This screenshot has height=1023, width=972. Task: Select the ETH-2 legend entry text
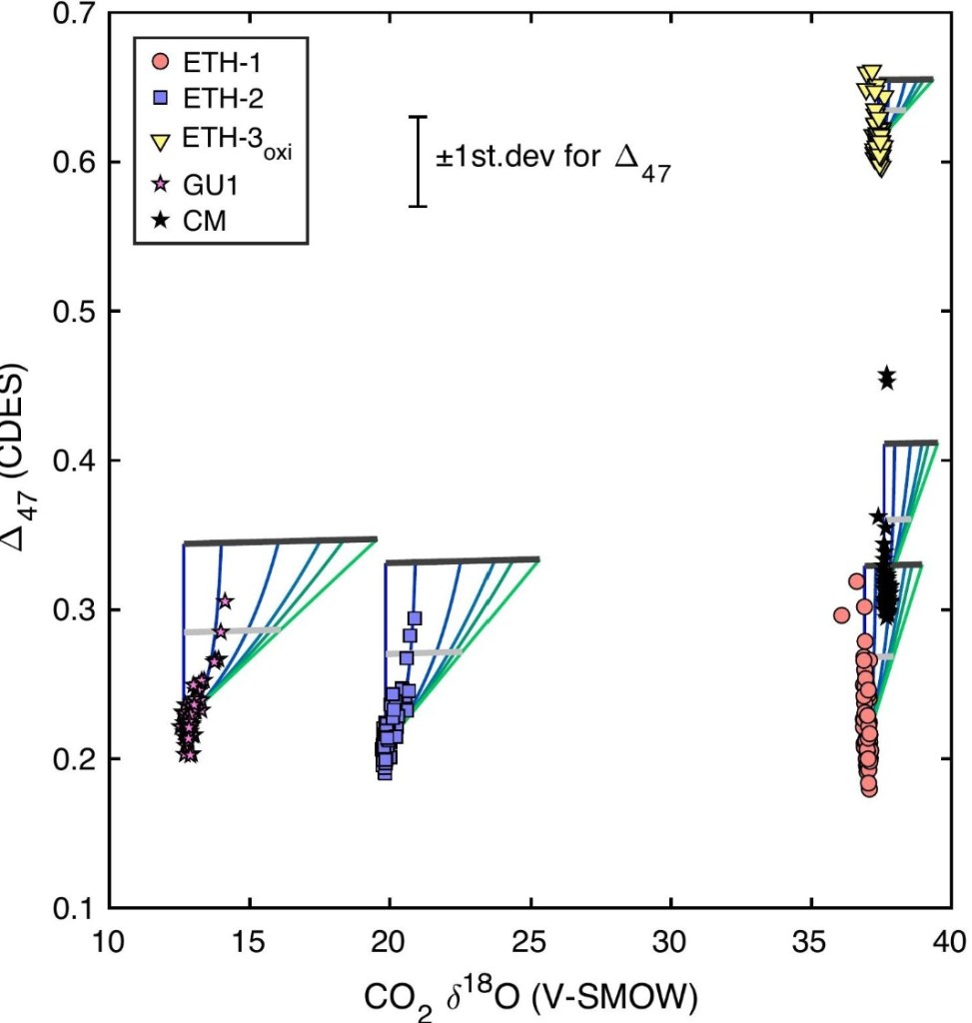pos(214,98)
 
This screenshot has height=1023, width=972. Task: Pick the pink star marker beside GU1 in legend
pos(158,187)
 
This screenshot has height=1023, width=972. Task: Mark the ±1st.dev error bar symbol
pos(418,161)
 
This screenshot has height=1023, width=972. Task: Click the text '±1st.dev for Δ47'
pos(552,161)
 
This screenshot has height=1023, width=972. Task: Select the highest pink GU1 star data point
pos(225,600)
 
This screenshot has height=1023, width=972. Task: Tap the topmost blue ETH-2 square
pos(414,617)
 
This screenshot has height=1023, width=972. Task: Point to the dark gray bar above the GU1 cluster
pos(280,540)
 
